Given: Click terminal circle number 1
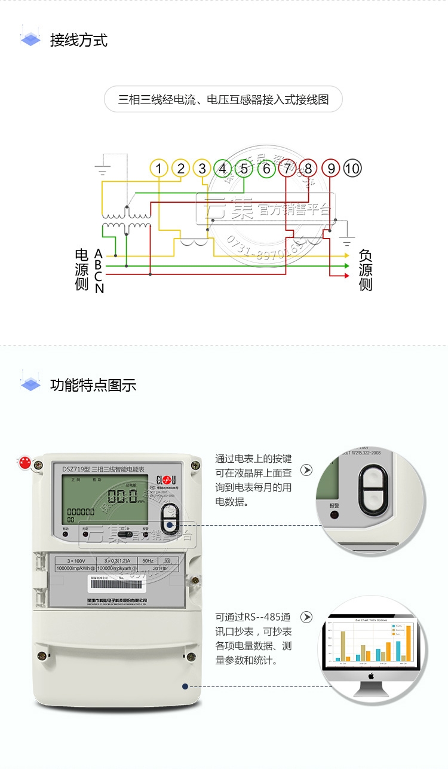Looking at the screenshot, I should click(159, 169).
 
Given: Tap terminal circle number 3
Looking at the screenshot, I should click(202, 169).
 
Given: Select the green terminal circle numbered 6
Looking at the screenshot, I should click(266, 169).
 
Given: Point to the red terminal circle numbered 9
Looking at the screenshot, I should click(331, 169).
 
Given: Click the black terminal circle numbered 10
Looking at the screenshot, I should click(352, 169).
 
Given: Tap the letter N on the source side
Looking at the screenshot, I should click(99, 289).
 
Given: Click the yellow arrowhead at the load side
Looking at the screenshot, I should click(346, 255).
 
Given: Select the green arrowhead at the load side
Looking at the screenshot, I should click(346, 266).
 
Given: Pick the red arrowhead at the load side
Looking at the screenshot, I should click(346, 276).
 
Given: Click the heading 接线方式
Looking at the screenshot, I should click(79, 41).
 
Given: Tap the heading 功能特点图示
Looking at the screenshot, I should click(93, 385).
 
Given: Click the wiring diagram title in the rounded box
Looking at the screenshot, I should click(223, 99).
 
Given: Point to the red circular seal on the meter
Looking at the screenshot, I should click(25, 462).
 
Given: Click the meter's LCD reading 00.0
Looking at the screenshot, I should click(122, 496).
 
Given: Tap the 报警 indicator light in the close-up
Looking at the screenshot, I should click(334, 514).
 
